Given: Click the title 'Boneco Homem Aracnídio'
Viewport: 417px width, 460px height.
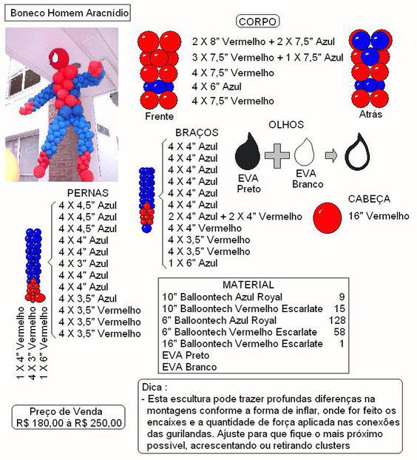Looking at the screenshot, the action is pyautogui.click(x=69, y=13).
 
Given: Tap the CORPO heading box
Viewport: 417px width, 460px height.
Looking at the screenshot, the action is pyautogui.click(x=257, y=22).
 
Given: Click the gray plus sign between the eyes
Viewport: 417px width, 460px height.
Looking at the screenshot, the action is pyautogui.click(x=277, y=155).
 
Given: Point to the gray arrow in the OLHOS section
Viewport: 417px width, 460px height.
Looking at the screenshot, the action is pyautogui.click(x=333, y=155).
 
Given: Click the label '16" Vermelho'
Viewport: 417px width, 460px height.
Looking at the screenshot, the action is pyautogui.click(x=379, y=216).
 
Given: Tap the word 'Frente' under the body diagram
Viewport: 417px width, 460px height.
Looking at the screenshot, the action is pyautogui.click(x=160, y=117).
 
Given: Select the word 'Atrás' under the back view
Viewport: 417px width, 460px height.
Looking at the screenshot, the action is pyautogui.click(x=370, y=116).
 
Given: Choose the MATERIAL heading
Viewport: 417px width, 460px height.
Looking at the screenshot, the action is pyautogui.click(x=248, y=285).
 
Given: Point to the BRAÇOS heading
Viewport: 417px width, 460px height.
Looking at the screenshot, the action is pyautogui.click(x=197, y=132).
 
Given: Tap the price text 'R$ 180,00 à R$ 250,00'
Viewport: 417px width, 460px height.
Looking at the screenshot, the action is pyautogui.click(x=66, y=424).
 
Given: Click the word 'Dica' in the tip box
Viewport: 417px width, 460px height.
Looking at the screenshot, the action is pyautogui.click(x=153, y=387).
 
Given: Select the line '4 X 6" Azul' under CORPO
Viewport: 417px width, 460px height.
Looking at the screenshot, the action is pyautogui.click(x=217, y=87).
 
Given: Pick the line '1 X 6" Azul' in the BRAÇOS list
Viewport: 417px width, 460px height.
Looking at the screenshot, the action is pyautogui.click(x=193, y=263).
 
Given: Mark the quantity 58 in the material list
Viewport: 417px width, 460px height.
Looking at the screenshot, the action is pyautogui.click(x=338, y=332).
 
